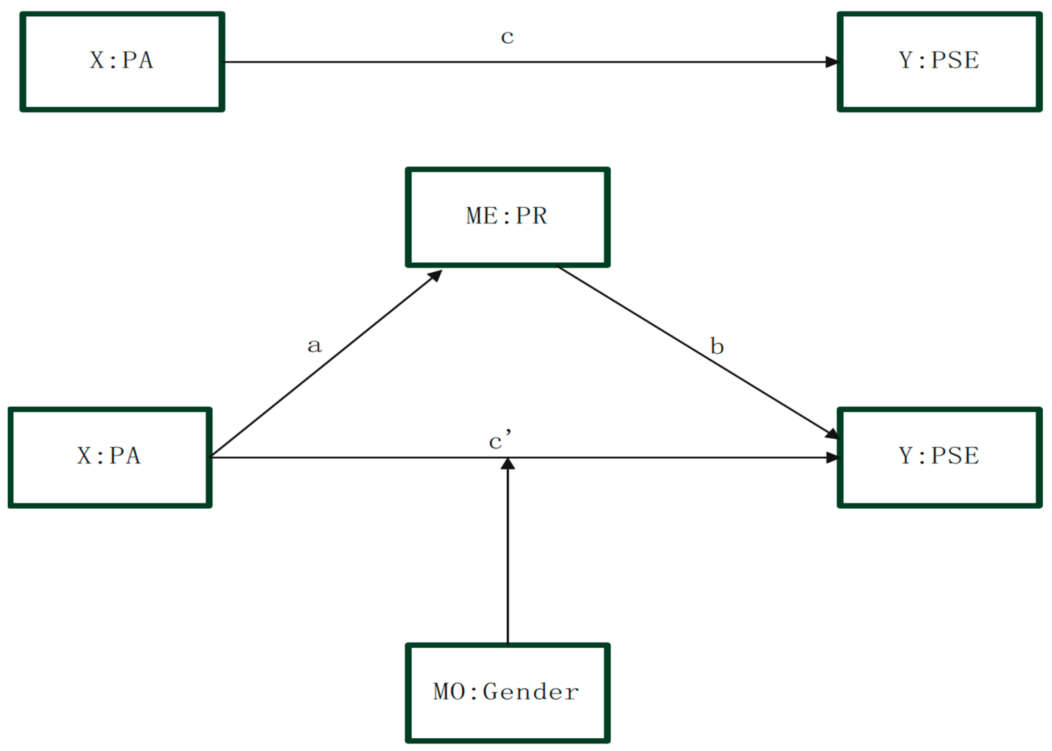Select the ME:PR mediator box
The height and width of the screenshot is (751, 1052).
(508, 217)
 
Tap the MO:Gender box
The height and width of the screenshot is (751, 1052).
(508, 692)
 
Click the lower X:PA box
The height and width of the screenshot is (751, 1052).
(110, 457)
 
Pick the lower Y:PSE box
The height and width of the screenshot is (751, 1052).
(939, 457)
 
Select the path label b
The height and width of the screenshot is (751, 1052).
(716, 346)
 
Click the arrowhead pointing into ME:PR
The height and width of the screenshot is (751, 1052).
(435, 276)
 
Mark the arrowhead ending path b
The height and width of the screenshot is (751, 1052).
(832, 434)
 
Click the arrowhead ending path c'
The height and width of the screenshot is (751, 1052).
(832, 458)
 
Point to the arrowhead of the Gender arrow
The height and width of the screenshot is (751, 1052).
(508, 464)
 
